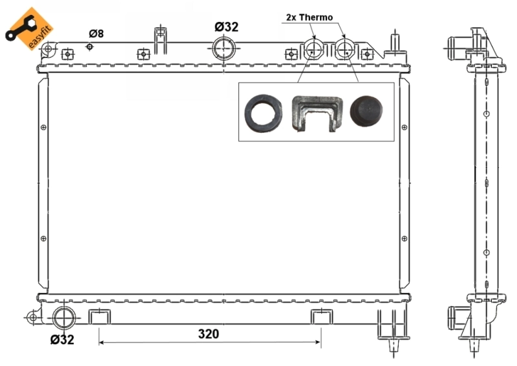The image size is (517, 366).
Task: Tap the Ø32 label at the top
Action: coord(226,26)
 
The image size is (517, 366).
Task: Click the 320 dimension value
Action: coord(208,334)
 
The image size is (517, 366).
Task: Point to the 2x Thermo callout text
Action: coord(310,17)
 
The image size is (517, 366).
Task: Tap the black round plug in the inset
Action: coord(366,111)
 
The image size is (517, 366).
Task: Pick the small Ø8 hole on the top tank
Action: coord(90,46)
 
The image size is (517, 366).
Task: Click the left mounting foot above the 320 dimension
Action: coord(99,316)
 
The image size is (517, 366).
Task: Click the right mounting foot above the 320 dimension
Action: coord(321,316)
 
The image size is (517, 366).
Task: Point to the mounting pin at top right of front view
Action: coord(392,42)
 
